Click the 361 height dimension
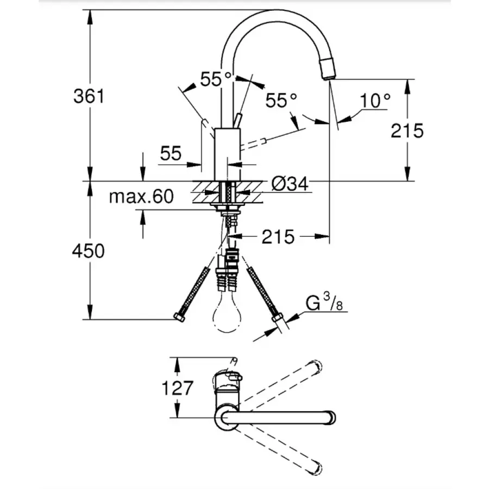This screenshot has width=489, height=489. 89,96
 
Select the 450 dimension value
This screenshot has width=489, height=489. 89,251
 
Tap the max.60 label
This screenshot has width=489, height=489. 141,196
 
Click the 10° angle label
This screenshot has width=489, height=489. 375,101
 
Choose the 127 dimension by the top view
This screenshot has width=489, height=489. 177,388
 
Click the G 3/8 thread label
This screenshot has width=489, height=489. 324,304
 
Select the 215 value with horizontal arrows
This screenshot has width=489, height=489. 278,236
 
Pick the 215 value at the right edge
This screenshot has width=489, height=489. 406,130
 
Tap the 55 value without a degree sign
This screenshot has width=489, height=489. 171,154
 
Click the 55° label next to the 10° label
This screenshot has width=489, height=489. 281,100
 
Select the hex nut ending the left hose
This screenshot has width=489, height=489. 179,317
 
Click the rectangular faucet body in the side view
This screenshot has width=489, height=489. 227,154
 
